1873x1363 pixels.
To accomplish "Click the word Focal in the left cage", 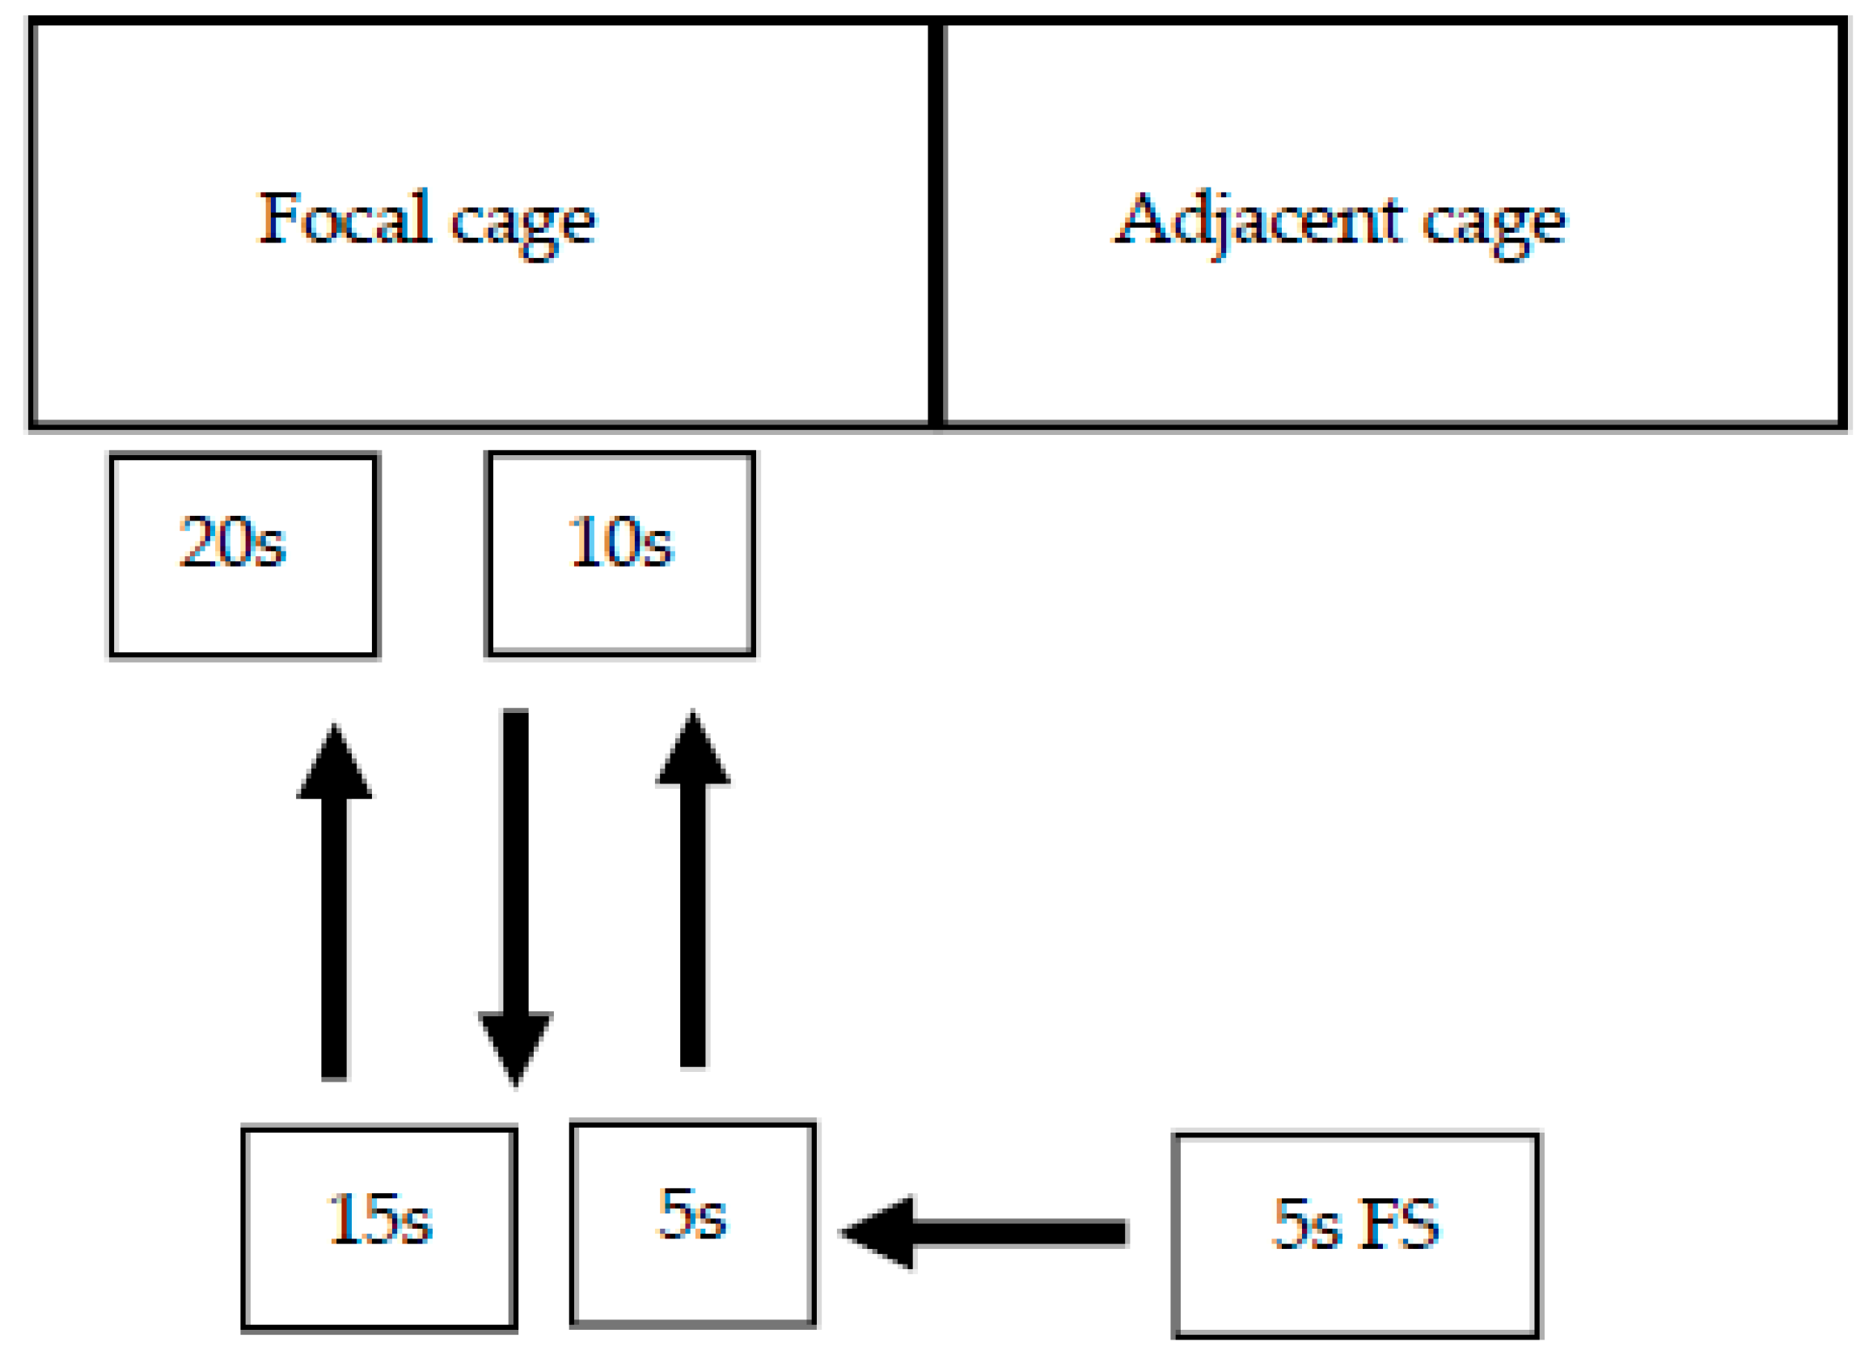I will click(345, 217).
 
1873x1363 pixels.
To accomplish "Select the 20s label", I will click(232, 542).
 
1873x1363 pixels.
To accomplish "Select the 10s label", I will click(620, 542).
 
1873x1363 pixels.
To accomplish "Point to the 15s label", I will click(379, 1218).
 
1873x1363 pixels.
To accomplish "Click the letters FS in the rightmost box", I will click(1399, 1223).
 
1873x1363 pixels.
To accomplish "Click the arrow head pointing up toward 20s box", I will click(334, 765).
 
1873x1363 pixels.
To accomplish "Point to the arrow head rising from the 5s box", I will click(692, 751).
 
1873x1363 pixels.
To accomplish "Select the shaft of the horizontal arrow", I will click(1020, 1233).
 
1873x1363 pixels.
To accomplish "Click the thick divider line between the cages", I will click(936, 223).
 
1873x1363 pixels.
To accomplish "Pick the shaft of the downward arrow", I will click(515, 859).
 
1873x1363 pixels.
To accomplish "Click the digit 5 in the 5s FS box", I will click(1287, 1223).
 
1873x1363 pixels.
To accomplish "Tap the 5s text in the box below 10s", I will click(692, 1213).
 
